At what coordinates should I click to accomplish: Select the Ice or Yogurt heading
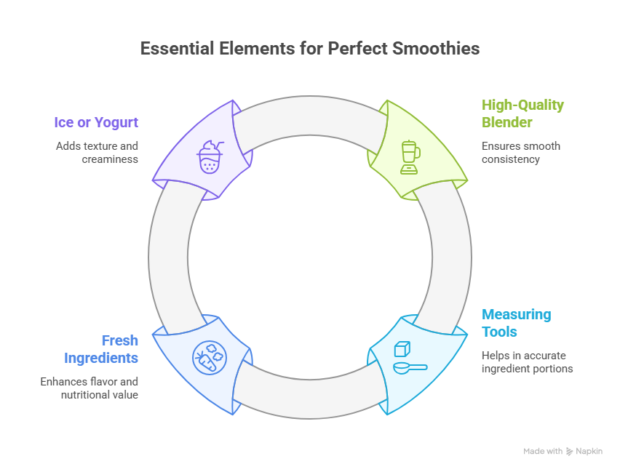[96, 122]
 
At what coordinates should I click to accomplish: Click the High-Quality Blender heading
[522, 113]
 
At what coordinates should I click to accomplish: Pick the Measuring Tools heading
[516, 323]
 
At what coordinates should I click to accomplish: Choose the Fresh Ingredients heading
[101, 349]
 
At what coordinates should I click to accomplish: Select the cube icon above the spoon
[403, 349]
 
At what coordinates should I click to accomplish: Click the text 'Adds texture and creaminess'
[97, 152]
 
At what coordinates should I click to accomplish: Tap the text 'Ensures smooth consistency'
[520, 152]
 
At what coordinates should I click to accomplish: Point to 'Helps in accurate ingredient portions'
[527, 361]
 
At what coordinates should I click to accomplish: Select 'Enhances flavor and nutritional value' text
[89, 388]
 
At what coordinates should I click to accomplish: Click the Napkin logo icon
[570, 452]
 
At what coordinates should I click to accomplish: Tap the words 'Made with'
[542, 452]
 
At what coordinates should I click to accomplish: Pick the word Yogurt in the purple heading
[116, 122]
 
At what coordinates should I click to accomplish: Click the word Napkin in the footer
[590, 452]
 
